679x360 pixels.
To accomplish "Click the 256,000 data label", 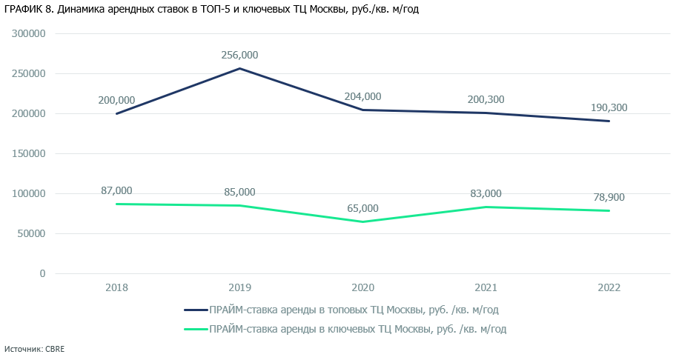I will pyautogui.click(x=239, y=55).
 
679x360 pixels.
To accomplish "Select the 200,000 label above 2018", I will pyautogui.click(x=116, y=100).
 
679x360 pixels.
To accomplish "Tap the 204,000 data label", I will pyautogui.click(x=362, y=96).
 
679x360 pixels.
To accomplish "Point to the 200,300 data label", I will pyautogui.click(x=486, y=99).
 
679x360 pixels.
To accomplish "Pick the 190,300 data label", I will pyautogui.click(x=609, y=107).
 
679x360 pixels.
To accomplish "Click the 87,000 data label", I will pyautogui.click(x=116, y=190).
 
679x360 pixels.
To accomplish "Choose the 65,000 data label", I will pyautogui.click(x=362, y=208).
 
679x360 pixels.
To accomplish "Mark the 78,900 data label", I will pyautogui.click(x=609, y=197).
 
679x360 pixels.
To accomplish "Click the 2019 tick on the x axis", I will pyautogui.click(x=239, y=287).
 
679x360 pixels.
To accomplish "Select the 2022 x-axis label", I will pyautogui.click(x=609, y=287).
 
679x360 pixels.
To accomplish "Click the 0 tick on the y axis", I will pyautogui.click(x=42, y=274).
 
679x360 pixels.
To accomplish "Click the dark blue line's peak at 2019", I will pyautogui.click(x=239, y=69).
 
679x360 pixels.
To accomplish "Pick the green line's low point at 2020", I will pyautogui.click(x=362, y=221).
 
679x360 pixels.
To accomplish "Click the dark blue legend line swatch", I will pyautogui.click(x=194, y=310).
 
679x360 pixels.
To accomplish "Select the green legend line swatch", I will pyautogui.click(x=194, y=329).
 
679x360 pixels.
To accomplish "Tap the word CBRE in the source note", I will pyautogui.click(x=56, y=349).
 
